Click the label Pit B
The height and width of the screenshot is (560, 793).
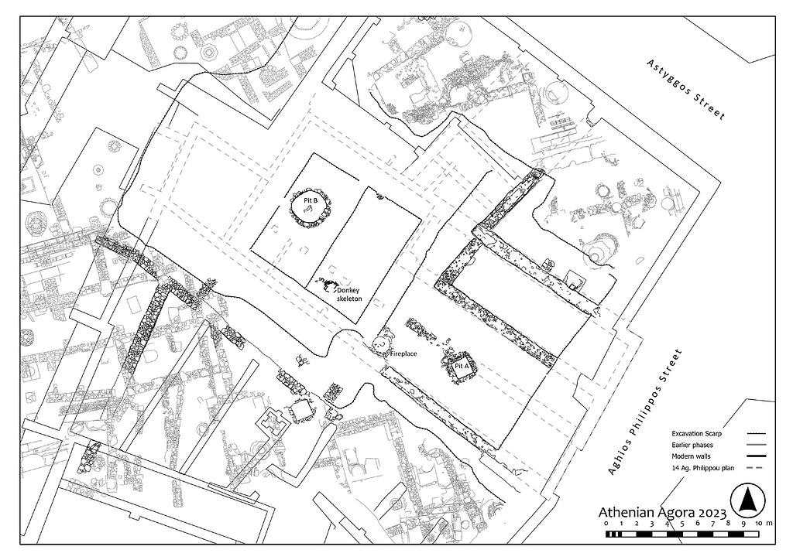(x=311, y=200)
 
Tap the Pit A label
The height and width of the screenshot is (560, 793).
(x=462, y=366)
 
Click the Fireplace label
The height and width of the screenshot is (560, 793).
(x=403, y=354)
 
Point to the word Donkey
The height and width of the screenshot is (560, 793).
(x=348, y=291)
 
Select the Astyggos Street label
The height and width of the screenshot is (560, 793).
(x=686, y=90)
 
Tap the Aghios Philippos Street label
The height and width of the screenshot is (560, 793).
(x=645, y=411)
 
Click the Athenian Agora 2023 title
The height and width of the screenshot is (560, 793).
(x=663, y=513)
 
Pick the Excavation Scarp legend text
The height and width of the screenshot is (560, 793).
(x=696, y=434)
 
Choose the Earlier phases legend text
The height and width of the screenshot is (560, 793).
(x=692, y=446)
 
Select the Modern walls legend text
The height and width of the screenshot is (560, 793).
(x=691, y=456)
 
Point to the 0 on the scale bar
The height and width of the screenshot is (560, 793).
(x=606, y=524)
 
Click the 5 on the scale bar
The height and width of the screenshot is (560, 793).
(x=682, y=524)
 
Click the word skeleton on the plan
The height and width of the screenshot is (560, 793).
(x=350, y=299)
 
